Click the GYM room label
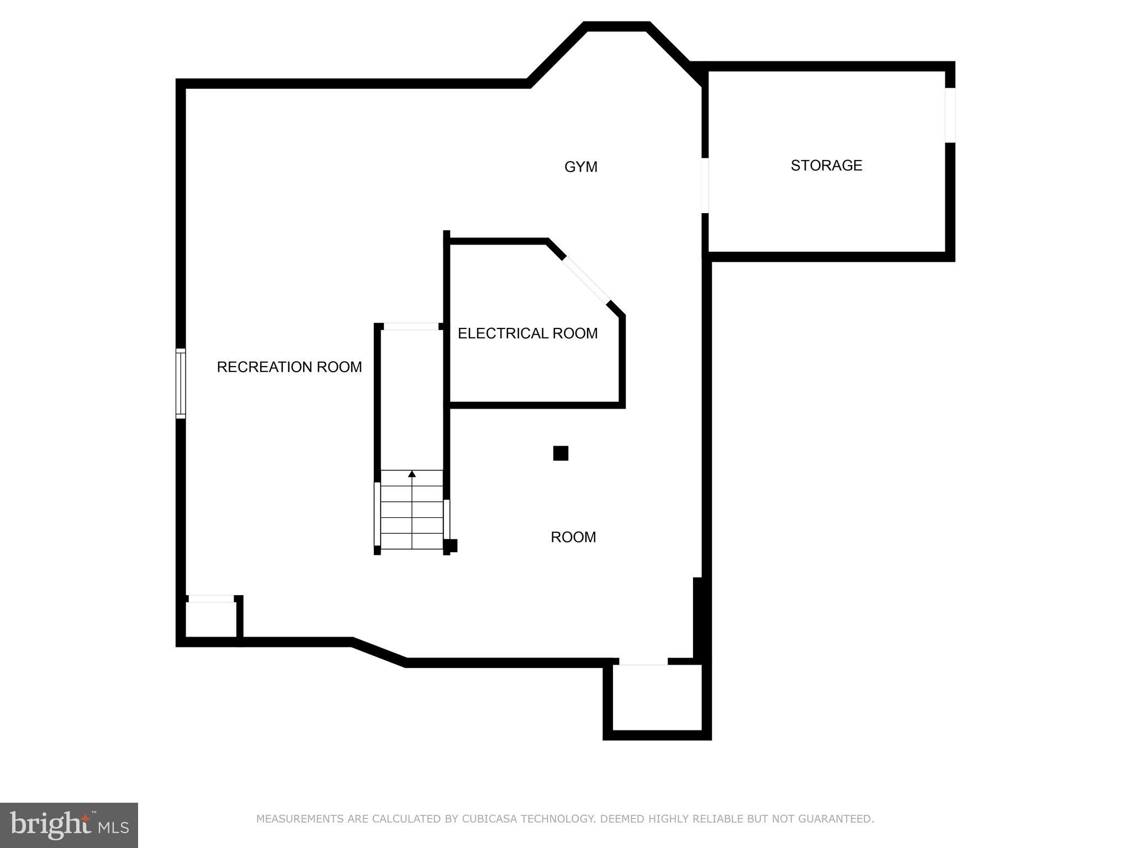[580, 167]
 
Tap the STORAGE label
[826, 166]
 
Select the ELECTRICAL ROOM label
[527, 333]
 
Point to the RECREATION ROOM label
[289, 367]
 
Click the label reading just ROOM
[573, 537]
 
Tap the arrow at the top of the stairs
[412, 474]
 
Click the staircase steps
[412, 513]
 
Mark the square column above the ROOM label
[561, 453]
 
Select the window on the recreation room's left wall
[181, 383]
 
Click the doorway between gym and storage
[705, 185]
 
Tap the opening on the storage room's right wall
[950, 115]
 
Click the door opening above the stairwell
[411, 327]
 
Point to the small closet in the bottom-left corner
[210, 619]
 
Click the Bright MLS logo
[69, 825]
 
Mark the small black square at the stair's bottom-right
[451, 545]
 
